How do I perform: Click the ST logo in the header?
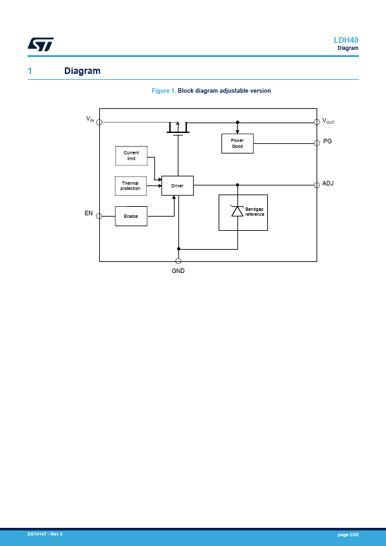click(41, 44)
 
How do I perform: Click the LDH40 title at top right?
click(346, 40)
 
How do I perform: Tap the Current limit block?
click(131, 156)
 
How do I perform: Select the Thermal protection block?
click(130, 186)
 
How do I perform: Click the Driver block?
click(177, 185)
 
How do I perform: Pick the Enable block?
click(131, 216)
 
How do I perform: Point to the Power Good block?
click(237, 143)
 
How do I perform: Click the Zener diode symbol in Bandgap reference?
click(237, 211)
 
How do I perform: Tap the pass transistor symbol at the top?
click(178, 128)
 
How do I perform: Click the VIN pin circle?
click(99, 122)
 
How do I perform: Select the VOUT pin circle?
click(317, 122)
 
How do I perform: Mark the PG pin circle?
click(317, 143)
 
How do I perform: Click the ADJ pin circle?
click(317, 185)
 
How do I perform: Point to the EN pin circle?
click(99, 216)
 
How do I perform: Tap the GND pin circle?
click(178, 261)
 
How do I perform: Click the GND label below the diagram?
click(178, 271)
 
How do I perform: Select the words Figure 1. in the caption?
click(163, 91)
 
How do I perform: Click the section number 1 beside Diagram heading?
click(30, 71)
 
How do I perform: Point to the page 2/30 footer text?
click(348, 534)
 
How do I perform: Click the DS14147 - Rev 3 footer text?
click(45, 534)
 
